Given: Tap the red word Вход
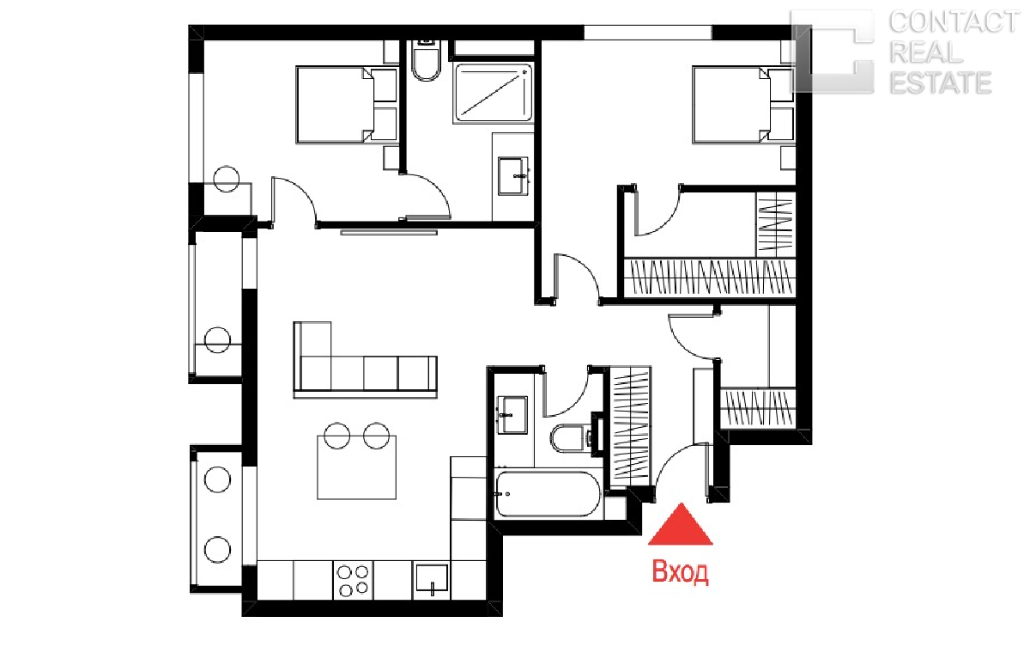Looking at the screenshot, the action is [681, 572].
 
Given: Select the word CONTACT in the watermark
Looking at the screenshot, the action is [954, 22].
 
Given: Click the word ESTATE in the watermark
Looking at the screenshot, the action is [941, 82].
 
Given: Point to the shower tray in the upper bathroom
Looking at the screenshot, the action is [494, 93].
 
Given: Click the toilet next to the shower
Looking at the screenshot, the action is [426, 62].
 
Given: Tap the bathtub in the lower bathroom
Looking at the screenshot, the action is [548, 494].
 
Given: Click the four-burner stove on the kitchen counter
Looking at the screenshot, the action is [353, 580].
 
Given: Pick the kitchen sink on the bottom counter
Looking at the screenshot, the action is [432, 579].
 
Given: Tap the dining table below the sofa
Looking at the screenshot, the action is [357, 467].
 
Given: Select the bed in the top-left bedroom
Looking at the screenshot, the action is [347, 105].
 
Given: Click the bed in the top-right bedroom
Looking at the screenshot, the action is [743, 105].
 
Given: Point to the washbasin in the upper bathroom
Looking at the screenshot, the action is [513, 176].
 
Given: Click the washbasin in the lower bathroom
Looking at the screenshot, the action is [512, 415].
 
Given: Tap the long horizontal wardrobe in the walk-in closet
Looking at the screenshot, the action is [710, 277].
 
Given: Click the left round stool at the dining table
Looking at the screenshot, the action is [337, 436].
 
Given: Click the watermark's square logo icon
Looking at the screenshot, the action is [833, 52].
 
